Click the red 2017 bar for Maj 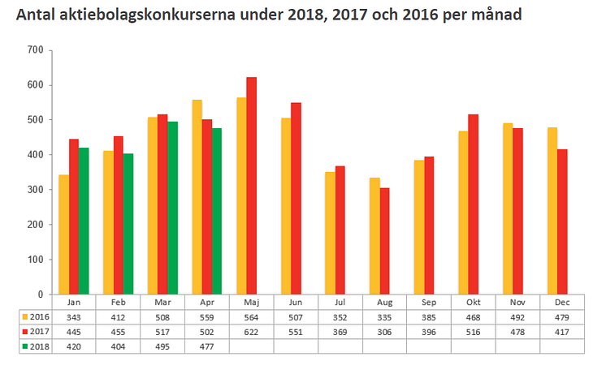tap(251, 186)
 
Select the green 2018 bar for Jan tap(84, 221)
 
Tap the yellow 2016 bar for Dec tap(552, 211)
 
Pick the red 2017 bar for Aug tap(384, 241)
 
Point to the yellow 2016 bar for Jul tap(329, 233)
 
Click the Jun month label tap(296, 302)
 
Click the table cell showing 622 tap(251, 330)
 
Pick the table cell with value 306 tap(384, 330)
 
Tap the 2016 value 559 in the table tap(207, 316)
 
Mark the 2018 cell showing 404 tap(119, 345)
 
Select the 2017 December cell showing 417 tap(561, 330)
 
